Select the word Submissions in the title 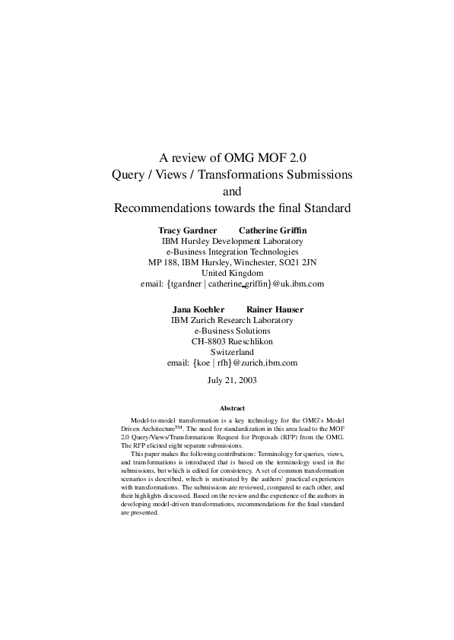316,175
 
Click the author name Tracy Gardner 187,230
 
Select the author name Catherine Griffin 273,230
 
